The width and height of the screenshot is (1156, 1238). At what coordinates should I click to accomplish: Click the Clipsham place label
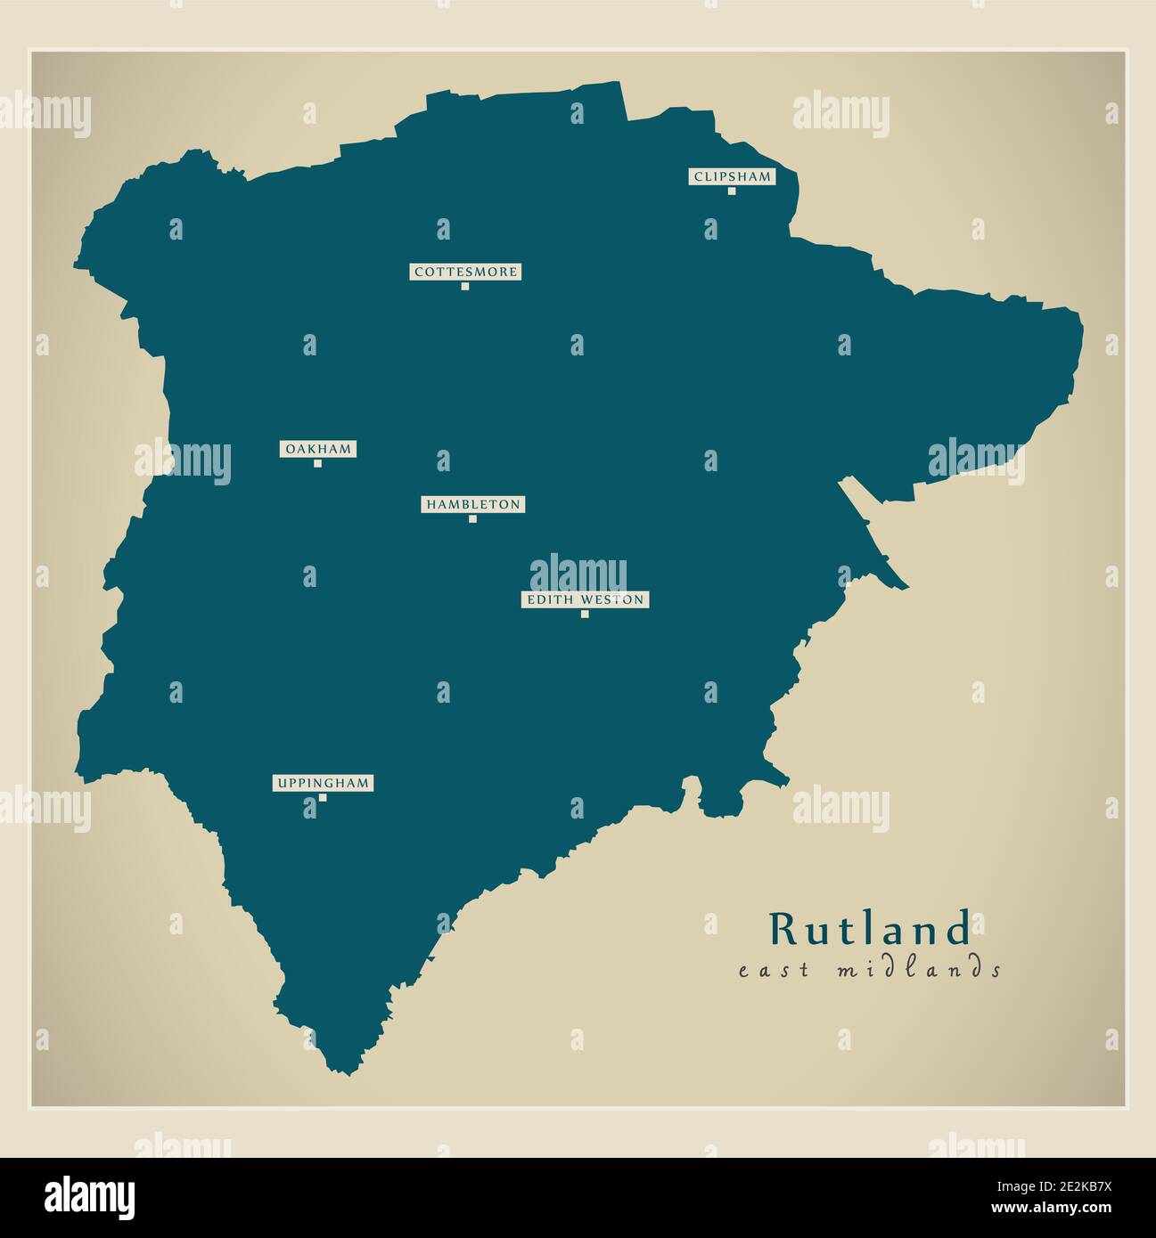click(732, 176)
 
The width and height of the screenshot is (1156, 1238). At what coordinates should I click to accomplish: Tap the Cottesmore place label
click(465, 272)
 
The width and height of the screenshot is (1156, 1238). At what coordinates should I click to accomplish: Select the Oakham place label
click(318, 449)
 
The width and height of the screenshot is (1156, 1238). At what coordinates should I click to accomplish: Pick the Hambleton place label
click(472, 504)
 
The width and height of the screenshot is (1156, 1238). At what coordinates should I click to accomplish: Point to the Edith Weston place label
click(585, 599)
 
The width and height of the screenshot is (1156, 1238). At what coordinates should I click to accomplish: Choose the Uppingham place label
click(323, 783)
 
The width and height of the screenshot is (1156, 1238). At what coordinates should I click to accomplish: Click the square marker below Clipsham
click(732, 191)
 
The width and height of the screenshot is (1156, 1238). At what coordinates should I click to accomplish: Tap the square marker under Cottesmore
click(465, 286)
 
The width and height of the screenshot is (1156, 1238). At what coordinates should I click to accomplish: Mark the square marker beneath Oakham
click(317, 463)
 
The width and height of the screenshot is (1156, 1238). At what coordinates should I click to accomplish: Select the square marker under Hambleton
click(472, 518)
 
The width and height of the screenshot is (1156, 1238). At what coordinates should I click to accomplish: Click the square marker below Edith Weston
click(585, 614)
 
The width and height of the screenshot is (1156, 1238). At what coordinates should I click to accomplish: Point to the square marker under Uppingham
click(323, 797)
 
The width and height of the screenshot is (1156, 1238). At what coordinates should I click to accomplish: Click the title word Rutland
click(870, 929)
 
